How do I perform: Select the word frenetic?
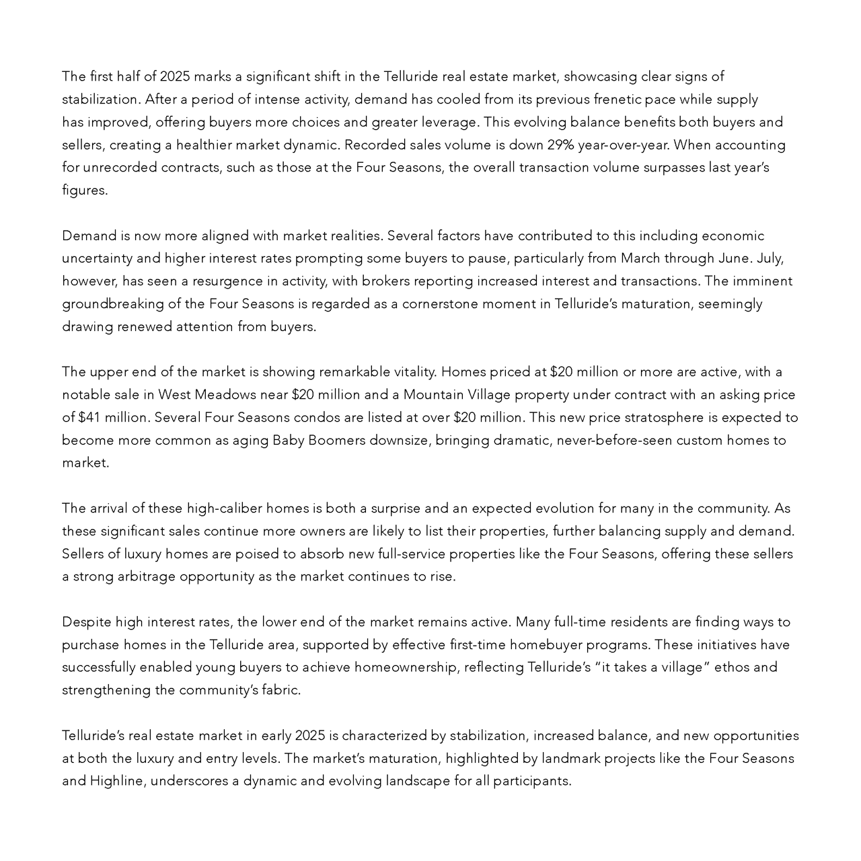[x=617, y=100]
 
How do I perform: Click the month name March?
[x=640, y=258]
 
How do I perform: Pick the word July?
[x=770, y=258]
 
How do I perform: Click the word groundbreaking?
[x=112, y=304]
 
